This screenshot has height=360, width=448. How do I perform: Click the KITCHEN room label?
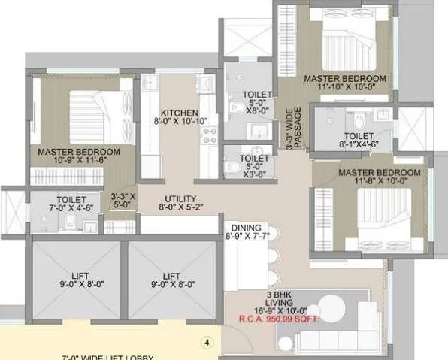(x=174, y=112)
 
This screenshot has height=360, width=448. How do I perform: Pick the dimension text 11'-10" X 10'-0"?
(x=344, y=89)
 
